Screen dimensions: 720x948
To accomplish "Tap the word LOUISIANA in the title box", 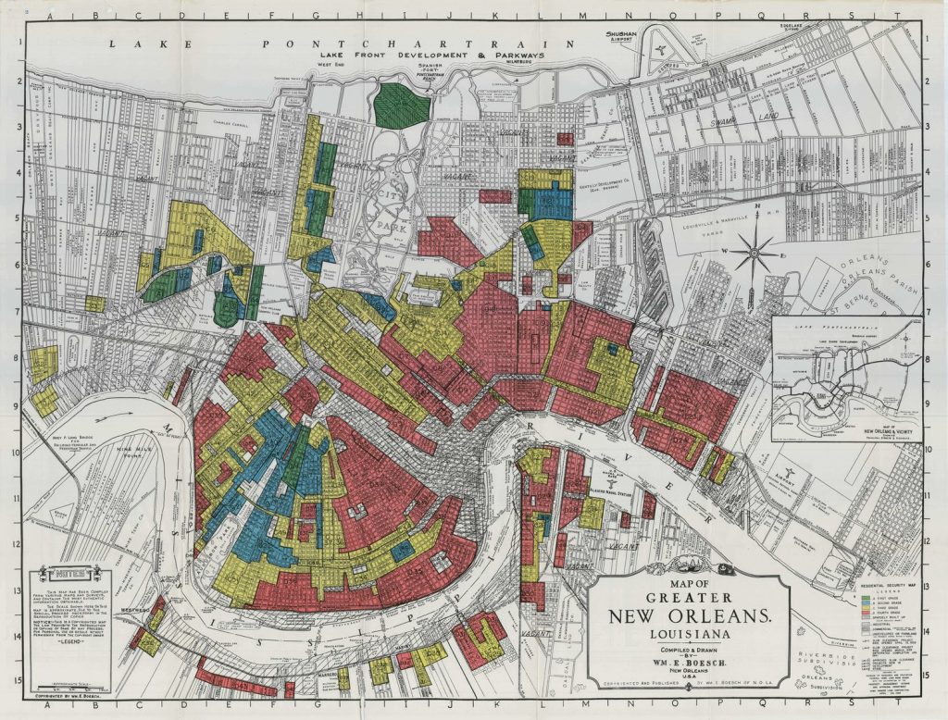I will pos(690,635).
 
